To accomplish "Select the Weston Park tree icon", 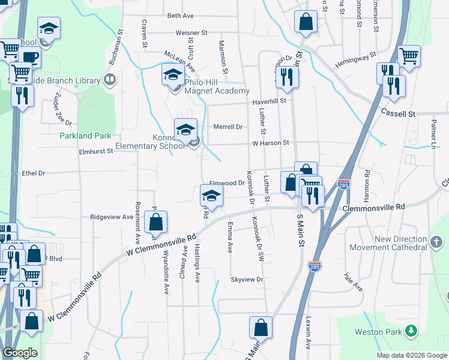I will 411,331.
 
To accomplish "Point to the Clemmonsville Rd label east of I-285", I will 374,206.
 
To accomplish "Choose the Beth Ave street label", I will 181,16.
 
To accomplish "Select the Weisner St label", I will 191,32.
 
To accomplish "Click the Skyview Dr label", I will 247,280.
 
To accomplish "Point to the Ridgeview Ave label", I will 111,217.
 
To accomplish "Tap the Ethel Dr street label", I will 34,173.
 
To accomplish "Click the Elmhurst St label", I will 96,152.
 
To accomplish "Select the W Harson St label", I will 271,143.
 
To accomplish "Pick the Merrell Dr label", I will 228,127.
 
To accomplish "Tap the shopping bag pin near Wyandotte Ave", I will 155,223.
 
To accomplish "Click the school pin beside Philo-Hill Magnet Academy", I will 173,75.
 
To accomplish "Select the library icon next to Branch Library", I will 110,79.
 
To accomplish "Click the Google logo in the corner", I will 20,353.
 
